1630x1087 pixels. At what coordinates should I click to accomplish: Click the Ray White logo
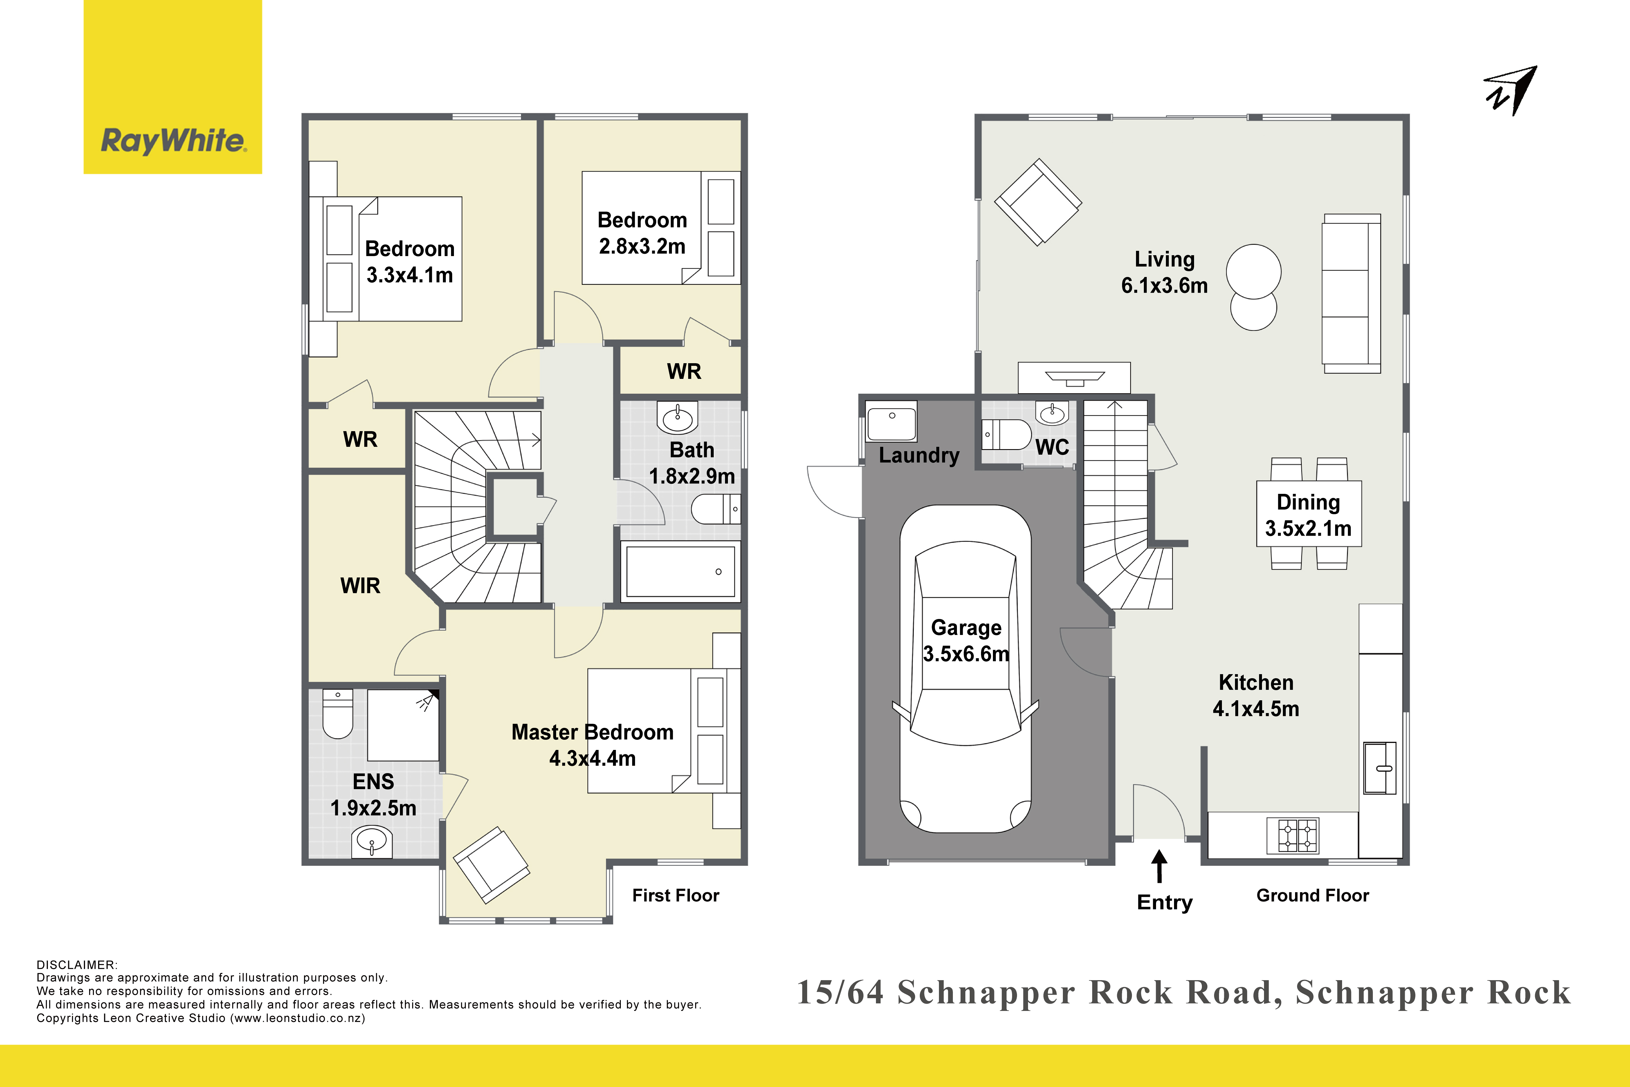173,87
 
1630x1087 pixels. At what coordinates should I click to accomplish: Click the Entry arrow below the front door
1159,867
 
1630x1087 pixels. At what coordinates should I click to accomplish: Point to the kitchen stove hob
1292,835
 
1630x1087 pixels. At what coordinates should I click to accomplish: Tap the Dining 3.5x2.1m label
1308,515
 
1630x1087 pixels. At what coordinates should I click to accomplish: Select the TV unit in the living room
1074,378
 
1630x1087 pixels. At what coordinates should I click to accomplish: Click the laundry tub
891,421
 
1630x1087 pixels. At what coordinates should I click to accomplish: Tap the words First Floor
676,896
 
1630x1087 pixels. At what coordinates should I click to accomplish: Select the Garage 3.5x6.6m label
966,640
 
